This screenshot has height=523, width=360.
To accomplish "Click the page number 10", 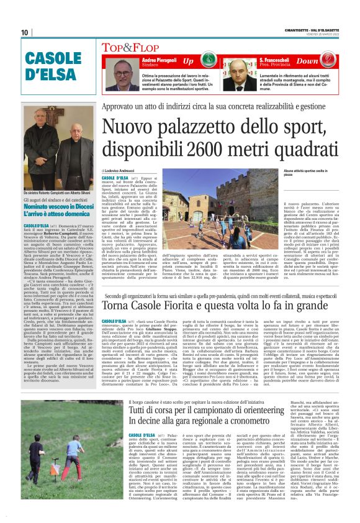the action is (x=25, y=32).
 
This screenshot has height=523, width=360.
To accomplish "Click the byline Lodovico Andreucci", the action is (x=121, y=169).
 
